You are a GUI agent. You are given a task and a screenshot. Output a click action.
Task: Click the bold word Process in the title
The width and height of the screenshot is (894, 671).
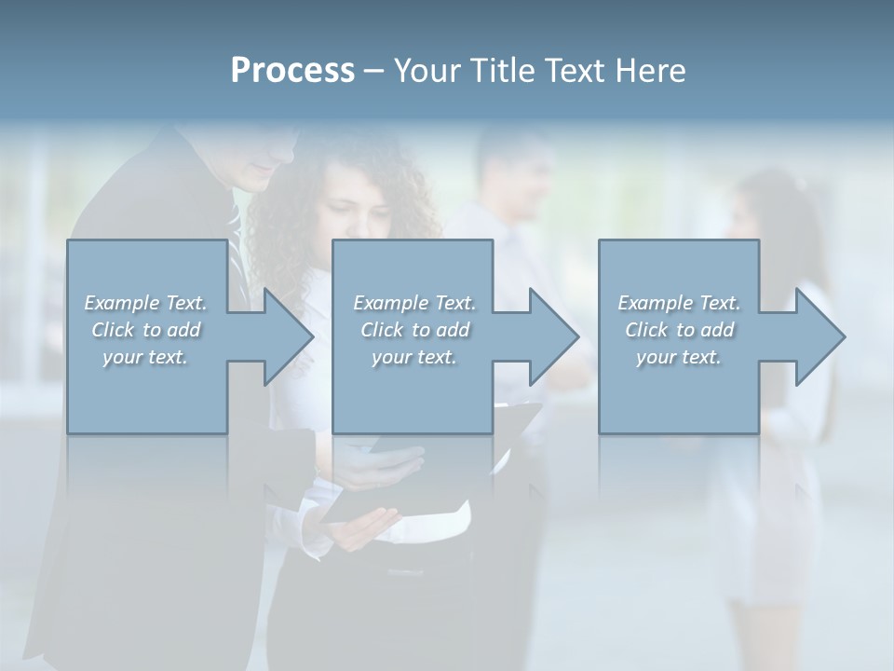292,71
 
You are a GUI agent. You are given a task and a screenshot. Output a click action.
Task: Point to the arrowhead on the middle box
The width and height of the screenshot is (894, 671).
552,336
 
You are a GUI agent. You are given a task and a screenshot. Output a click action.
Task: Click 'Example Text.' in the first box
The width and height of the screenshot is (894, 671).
145,303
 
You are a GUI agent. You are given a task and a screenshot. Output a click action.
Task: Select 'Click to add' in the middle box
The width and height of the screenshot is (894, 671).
414,330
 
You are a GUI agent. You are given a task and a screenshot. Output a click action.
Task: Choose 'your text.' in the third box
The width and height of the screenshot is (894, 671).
679,357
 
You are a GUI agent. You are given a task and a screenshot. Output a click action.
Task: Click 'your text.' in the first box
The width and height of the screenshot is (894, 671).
145,357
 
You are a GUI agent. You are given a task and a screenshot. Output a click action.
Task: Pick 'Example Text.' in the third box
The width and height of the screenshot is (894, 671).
679,303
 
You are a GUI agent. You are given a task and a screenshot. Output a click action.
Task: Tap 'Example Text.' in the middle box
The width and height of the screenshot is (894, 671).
414,303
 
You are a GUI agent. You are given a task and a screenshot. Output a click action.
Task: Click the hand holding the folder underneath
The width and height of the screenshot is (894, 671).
359,531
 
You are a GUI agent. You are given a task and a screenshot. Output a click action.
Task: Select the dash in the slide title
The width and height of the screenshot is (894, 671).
374,71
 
